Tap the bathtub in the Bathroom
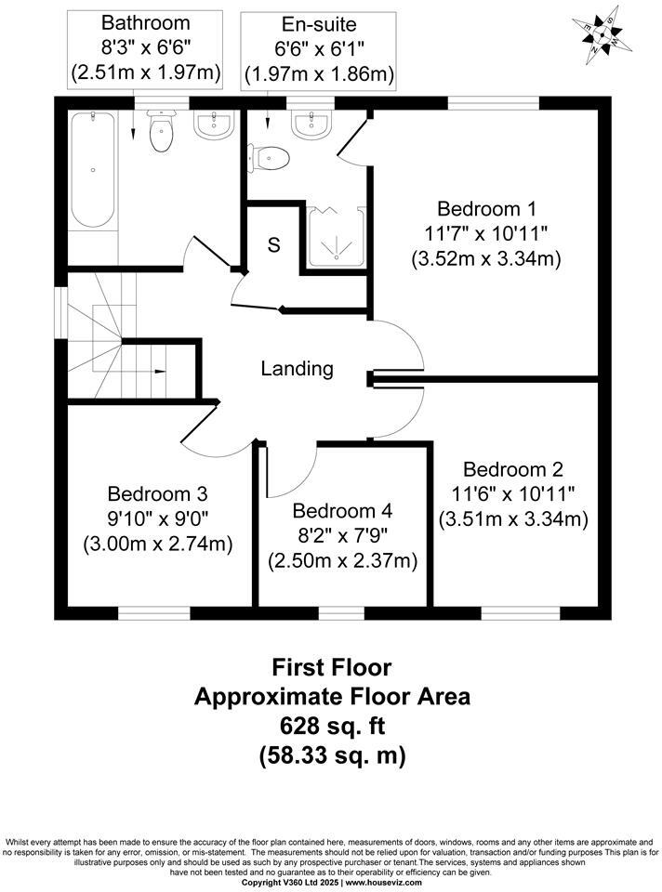point(92,170)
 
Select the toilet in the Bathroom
point(162,132)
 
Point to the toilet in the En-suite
point(267,157)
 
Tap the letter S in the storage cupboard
point(273,245)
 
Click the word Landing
point(297,369)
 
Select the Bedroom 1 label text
point(486,207)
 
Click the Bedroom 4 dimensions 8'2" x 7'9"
point(342,536)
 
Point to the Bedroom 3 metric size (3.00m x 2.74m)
point(158,544)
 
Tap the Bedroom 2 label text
point(512,469)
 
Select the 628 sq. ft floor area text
point(332,726)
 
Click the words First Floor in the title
point(332,666)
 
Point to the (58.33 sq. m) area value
point(332,755)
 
